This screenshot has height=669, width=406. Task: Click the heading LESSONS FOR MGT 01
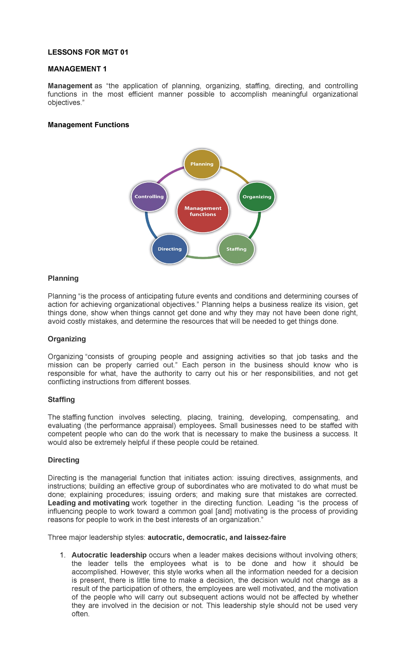tap(88, 52)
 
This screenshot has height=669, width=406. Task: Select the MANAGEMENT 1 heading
tap(77, 69)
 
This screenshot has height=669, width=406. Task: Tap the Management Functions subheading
tap(88, 125)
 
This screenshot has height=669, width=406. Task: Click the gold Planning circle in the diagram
tap(202, 164)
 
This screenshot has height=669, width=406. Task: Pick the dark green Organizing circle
tap(257, 197)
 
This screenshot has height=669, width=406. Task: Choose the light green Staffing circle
tap(236, 249)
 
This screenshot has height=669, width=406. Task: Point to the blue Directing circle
tap(170, 249)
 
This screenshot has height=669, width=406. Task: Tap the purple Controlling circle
tap(149, 197)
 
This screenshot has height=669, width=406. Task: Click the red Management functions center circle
tap(203, 211)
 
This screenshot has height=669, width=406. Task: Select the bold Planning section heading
tap(63, 278)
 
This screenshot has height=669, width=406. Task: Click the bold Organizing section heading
tap(67, 339)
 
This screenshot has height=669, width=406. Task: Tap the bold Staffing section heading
tap(61, 400)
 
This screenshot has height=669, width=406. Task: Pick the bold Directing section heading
tap(64, 460)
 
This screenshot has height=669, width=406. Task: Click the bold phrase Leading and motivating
tap(89, 503)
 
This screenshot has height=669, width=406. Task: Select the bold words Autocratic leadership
tap(109, 555)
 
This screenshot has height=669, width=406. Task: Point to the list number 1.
tap(62, 555)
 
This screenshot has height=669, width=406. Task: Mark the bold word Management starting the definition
tap(70, 86)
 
